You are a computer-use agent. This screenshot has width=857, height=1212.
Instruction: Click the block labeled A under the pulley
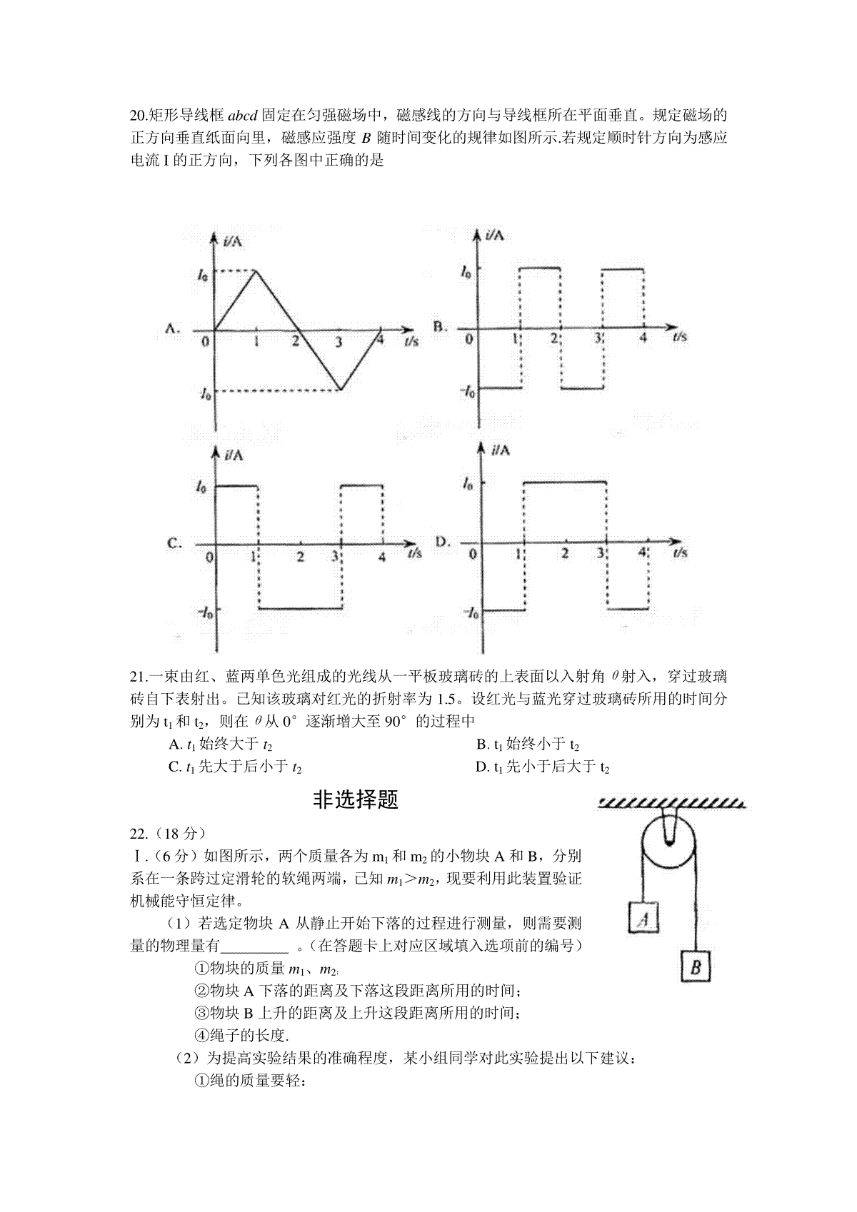point(643,918)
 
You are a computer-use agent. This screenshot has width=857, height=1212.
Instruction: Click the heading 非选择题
point(355,800)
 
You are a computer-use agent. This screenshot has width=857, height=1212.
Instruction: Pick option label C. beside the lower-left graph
point(174,543)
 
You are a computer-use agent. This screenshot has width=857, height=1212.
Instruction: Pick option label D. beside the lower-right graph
point(442,542)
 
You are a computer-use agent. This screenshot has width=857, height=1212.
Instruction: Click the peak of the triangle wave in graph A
point(256,271)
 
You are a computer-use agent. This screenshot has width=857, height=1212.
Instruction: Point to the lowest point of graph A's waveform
point(339,390)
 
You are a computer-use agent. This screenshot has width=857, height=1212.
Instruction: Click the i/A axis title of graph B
point(493,235)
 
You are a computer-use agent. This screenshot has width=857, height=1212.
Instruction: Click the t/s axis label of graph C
point(414,552)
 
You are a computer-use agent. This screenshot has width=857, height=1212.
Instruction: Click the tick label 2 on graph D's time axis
point(564,554)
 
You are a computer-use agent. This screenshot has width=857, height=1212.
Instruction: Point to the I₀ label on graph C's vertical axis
point(201,488)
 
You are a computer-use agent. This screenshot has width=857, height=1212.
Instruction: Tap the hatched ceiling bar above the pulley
point(671,804)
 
